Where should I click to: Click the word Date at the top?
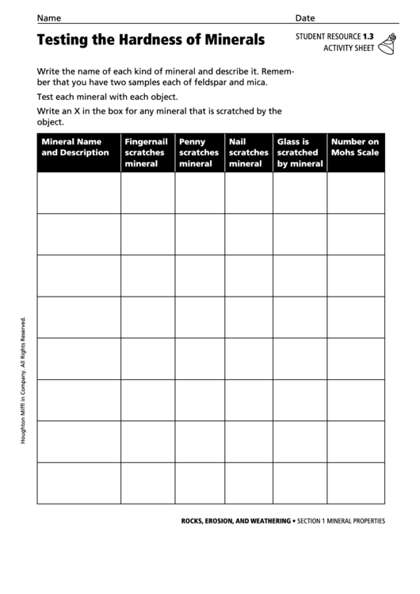click(x=305, y=17)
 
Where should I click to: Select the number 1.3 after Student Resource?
click(x=368, y=36)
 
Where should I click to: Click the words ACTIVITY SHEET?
click(x=349, y=49)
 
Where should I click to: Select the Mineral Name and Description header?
click(x=75, y=148)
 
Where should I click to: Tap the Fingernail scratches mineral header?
click(x=147, y=152)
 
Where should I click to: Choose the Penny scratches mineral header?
click(x=199, y=152)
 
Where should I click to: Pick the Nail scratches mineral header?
click(x=248, y=152)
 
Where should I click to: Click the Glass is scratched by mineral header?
click(x=300, y=152)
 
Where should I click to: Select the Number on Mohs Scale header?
click(x=355, y=148)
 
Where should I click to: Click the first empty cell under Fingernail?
click(x=147, y=193)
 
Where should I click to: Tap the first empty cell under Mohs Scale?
click(x=356, y=193)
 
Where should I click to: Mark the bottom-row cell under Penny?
click(x=200, y=483)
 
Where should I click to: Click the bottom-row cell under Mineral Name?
click(x=78, y=483)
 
